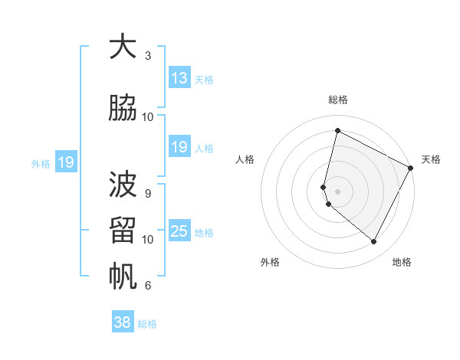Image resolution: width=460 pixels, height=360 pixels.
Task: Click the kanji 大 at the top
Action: (122, 47)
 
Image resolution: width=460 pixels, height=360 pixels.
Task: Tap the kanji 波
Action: (122, 185)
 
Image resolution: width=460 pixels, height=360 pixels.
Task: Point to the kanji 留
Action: (122, 230)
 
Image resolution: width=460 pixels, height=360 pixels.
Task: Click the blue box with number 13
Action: (179, 78)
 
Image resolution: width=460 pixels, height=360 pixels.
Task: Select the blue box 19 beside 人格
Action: (179, 147)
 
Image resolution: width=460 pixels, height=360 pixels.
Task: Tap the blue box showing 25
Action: (179, 231)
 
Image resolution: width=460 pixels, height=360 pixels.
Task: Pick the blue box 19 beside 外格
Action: (65, 162)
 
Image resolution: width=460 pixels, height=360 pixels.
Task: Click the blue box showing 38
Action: (123, 322)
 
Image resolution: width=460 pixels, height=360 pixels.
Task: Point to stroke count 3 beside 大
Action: (148, 56)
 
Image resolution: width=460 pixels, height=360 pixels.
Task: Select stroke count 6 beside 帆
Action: (148, 286)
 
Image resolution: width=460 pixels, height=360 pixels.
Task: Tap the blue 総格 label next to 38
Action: (148, 324)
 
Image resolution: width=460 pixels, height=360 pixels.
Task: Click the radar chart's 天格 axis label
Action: (431, 159)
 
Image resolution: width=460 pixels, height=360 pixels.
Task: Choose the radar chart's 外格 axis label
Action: (270, 262)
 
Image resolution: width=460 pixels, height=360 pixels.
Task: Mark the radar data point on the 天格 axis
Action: (412, 168)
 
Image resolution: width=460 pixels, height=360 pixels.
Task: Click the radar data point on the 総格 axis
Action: (337, 131)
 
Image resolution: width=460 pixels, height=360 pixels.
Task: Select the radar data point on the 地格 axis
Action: (374, 242)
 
